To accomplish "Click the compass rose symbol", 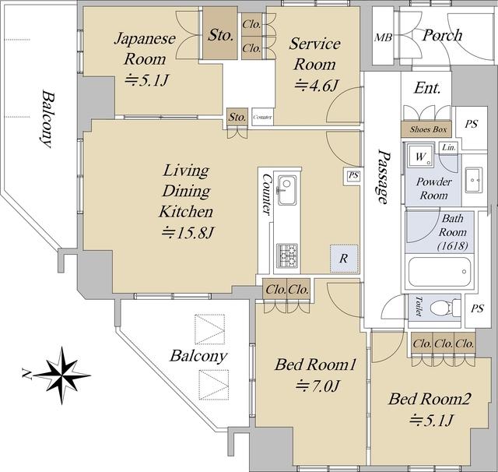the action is click(62, 375).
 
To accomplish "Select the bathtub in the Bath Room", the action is click(440, 272).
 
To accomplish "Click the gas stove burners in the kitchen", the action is click(287, 255).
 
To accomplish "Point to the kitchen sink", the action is click(287, 190).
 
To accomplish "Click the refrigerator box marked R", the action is click(344, 259).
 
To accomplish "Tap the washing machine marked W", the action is click(420, 156).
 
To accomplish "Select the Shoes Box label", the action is click(428, 129).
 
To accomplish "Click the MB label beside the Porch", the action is click(383, 37).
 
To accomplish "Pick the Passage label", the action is click(383, 177).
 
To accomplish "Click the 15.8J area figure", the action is click(188, 233).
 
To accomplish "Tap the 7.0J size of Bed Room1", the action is click(318, 386).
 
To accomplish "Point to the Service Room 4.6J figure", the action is click(317, 85).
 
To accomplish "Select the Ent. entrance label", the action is click(427, 88).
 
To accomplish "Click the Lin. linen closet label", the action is click(449, 147).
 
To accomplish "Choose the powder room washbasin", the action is click(474, 180).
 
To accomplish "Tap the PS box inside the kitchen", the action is click(353, 175).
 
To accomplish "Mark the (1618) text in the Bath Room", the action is click(453, 245).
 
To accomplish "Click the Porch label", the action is click(442, 35).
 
